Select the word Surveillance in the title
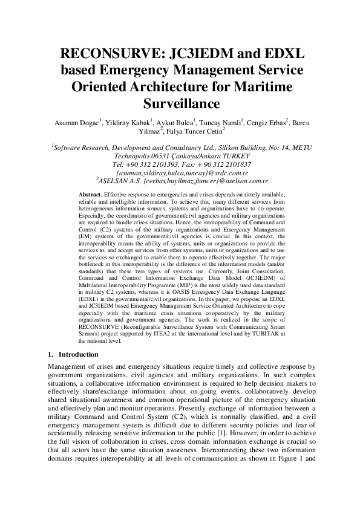click(x=179, y=102)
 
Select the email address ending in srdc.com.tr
click(x=180, y=172)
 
